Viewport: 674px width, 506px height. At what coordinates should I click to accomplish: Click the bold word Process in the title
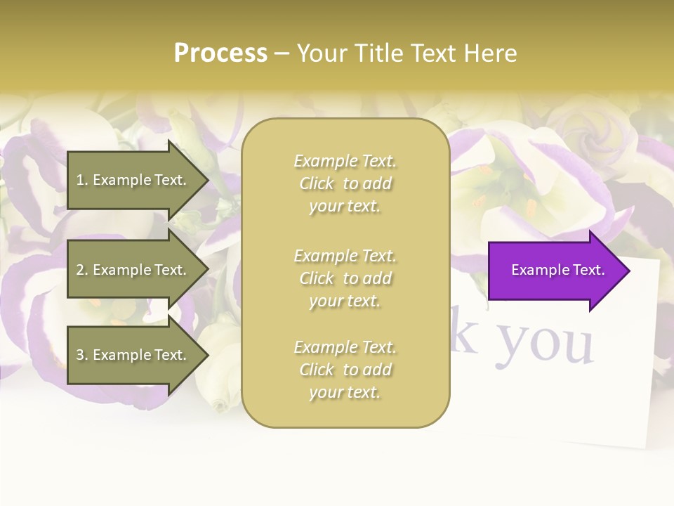pyautogui.click(x=220, y=53)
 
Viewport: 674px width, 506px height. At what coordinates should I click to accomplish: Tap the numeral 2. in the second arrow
pyautogui.click(x=82, y=270)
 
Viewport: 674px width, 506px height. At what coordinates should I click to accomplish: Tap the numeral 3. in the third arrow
pyautogui.click(x=82, y=355)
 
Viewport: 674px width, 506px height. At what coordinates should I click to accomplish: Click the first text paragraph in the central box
pyautogui.click(x=345, y=183)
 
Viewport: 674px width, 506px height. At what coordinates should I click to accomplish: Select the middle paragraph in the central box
pyautogui.click(x=345, y=278)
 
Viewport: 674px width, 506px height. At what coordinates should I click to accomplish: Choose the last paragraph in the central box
pyautogui.click(x=345, y=370)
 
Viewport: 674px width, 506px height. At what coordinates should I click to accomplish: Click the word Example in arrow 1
pyautogui.click(x=121, y=180)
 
